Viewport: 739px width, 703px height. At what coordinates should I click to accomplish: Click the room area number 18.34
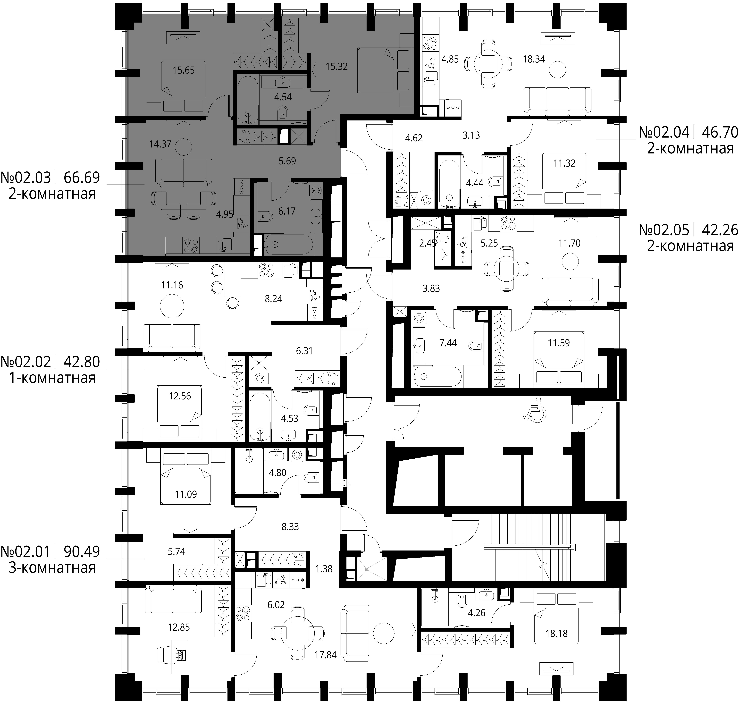[x=534, y=59]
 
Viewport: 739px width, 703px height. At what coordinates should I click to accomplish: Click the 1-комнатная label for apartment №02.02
[x=52, y=378]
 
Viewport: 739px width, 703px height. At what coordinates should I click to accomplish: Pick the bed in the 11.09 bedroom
[x=185, y=478]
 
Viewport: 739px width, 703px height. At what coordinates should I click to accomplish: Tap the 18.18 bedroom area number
[x=556, y=633]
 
